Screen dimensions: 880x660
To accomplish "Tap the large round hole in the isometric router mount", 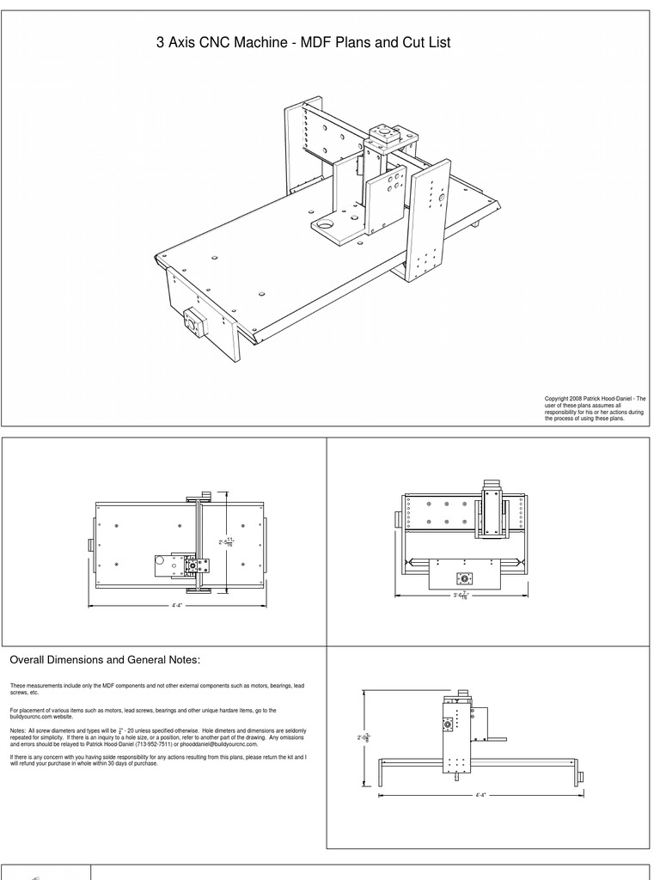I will coord(325,225).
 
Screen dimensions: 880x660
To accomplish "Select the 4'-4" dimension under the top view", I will coord(176,606).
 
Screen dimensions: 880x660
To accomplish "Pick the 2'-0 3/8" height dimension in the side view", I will coord(364,737).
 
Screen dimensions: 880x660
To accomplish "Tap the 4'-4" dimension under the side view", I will coord(480,794).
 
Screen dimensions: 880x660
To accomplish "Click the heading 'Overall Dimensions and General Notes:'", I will coord(104,660).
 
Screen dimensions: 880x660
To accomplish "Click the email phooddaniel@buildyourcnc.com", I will coord(215,744).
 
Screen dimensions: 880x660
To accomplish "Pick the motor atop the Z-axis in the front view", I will coord(492,486).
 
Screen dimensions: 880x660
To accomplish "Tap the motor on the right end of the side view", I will coord(581,777).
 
